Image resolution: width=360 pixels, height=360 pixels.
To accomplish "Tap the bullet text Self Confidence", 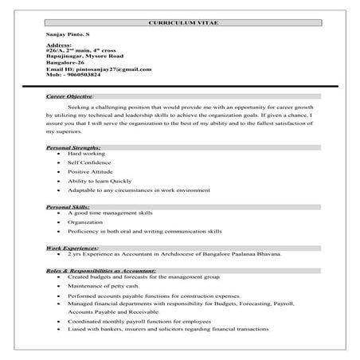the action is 89,162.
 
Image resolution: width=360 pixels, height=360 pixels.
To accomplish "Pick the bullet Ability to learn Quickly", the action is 100,180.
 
